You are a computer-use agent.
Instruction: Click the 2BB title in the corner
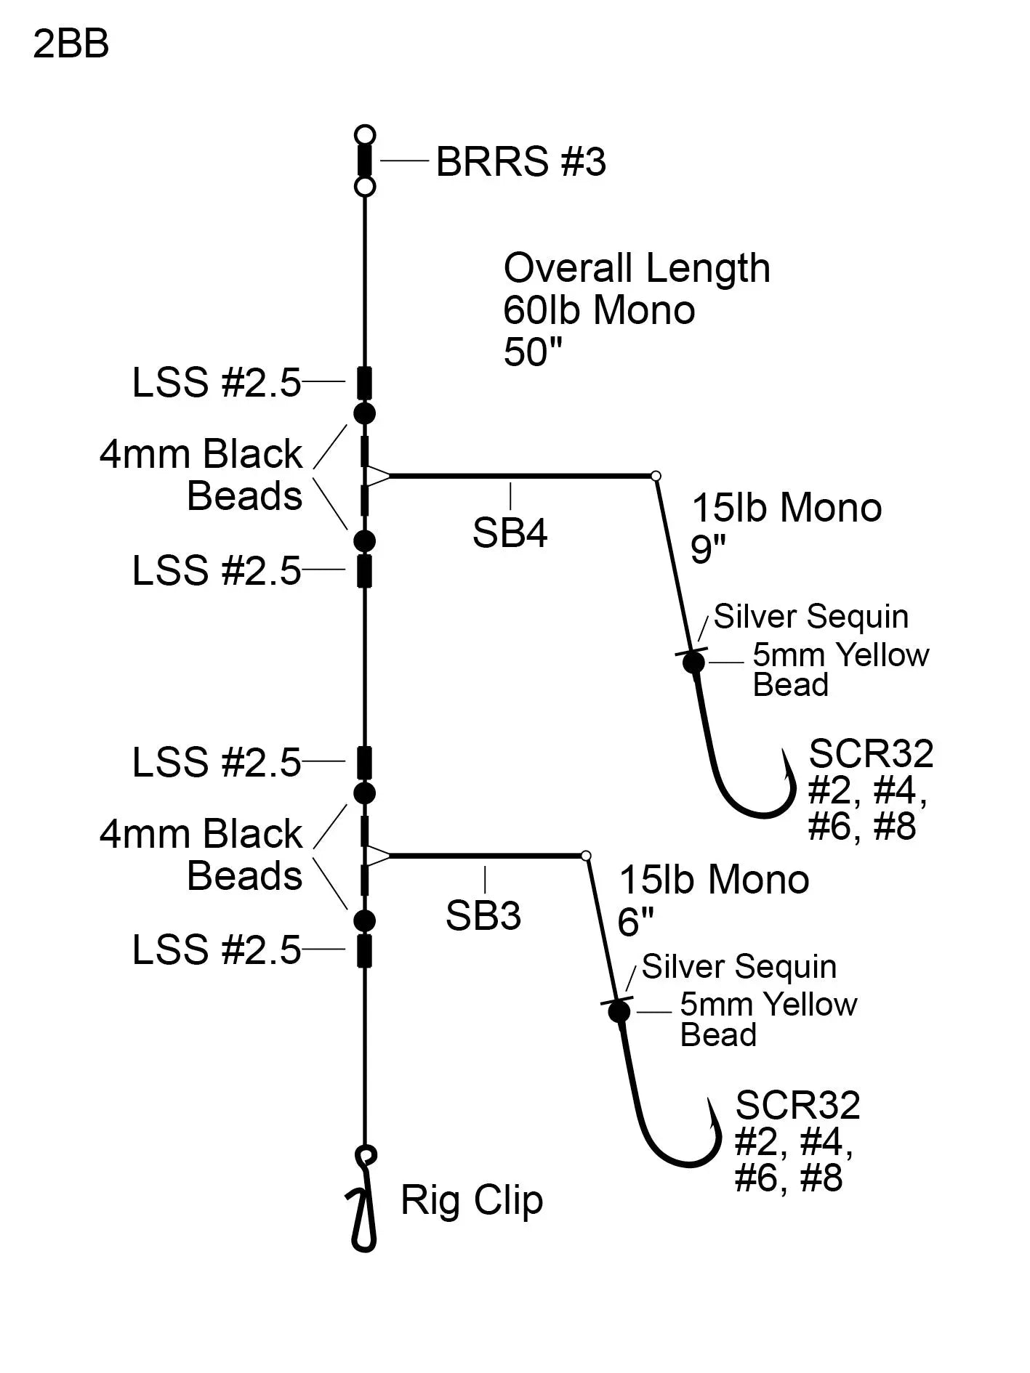71,44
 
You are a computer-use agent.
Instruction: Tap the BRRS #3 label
520,161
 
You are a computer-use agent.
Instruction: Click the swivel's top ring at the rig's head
365,135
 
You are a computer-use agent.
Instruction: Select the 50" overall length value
533,352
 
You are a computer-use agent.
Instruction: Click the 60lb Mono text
599,310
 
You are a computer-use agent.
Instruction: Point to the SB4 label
510,533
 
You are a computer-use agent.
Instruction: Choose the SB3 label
483,915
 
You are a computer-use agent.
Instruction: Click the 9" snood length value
708,549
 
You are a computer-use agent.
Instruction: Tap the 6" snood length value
635,922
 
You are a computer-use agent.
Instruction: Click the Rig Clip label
472,1200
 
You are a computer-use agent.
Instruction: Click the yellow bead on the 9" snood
694,663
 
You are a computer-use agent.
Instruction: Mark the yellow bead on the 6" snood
619,1011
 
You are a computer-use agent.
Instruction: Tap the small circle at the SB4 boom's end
656,476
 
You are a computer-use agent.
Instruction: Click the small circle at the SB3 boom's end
586,856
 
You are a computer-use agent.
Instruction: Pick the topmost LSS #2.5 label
217,382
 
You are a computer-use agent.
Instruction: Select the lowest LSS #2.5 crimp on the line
365,950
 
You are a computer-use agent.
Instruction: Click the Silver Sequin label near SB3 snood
739,967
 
